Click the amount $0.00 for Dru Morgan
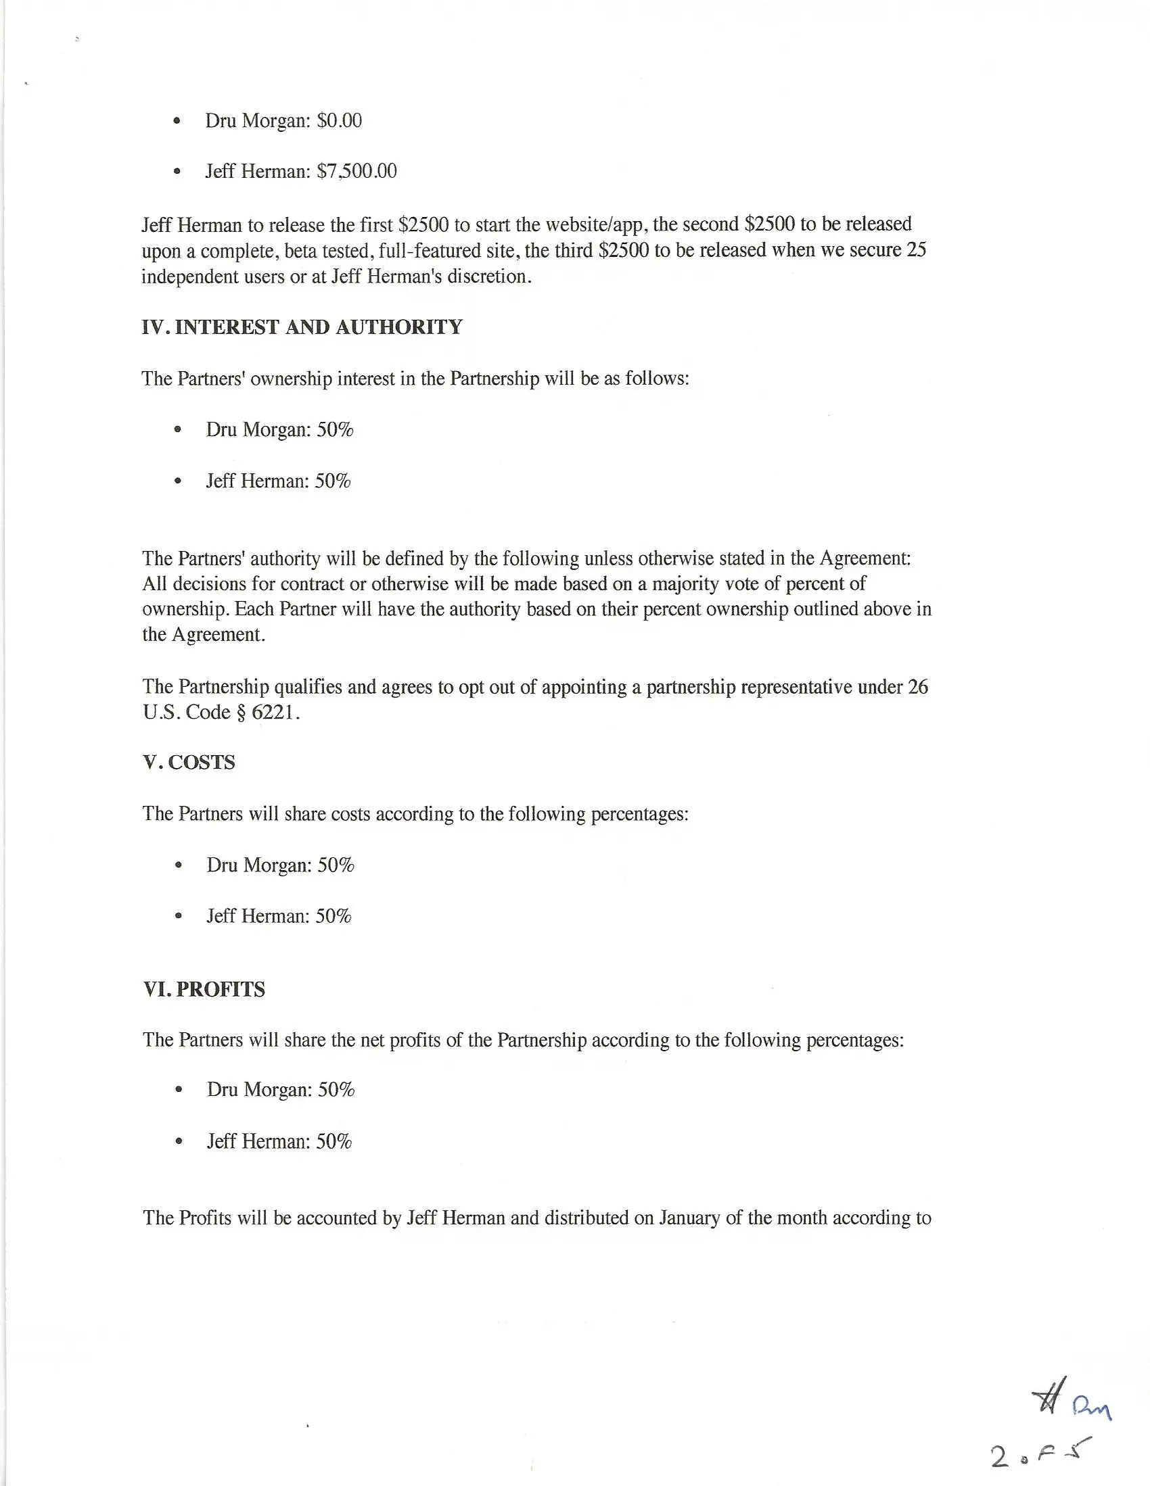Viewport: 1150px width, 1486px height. (x=339, y=120)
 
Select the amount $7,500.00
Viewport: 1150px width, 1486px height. (x=356, y=171)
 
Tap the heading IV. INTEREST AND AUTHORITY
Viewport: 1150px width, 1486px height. (x=302, y=327)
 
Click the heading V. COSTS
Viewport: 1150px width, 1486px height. (x=189, y=762)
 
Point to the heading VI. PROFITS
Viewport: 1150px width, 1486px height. (x=204, y=989)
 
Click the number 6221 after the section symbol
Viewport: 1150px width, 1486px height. (x=276, y=713)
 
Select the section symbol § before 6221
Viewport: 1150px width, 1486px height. (x=240, y=713)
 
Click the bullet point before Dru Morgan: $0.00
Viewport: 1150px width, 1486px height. (x=177, y=121)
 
